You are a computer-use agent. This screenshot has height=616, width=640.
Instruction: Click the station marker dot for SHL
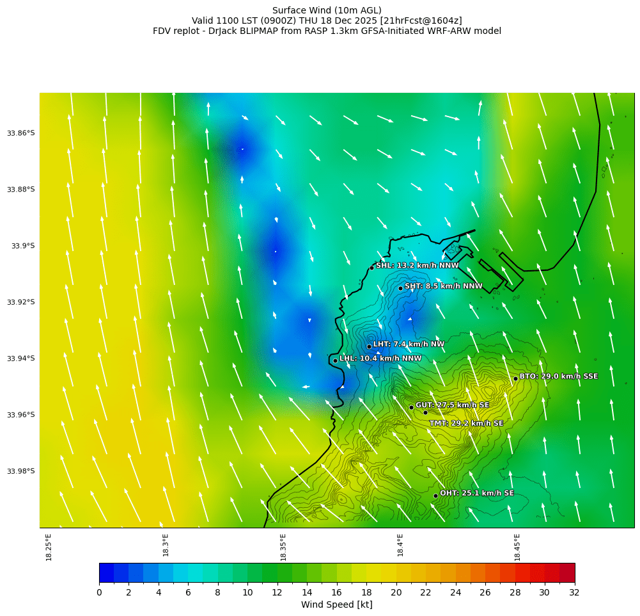pyautogui.click(x=371, y=268)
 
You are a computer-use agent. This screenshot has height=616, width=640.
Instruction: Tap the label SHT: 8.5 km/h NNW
pyautogui.click(x=443, y=286)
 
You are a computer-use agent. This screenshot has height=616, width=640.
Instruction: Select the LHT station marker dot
pyautogui.click(x=369, y=346)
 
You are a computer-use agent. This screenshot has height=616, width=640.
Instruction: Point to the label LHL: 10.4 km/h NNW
pyautogui.click(x=380, y=359)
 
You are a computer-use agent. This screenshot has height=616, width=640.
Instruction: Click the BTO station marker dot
pyautogui.click(x=515, y=378)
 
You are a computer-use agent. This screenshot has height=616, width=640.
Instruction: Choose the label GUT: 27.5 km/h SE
pyautogui.click(x=452, y=405)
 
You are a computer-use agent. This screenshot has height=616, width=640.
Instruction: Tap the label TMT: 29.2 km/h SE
pyautogui.click(x=466, y=423)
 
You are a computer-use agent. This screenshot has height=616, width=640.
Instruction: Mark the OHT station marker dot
pyautogui.click(x=435, y=496)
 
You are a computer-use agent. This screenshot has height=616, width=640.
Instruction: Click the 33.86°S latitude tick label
pyautogui.click(x=21, y=133)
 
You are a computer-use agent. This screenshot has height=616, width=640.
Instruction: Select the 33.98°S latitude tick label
pyautogui.click(x=21, y=471)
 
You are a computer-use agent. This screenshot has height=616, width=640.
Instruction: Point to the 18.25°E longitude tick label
pyautogui.click(x=49, y=547)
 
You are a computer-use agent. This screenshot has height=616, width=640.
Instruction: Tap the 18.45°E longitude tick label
pyautogui.click(x=517, y=547)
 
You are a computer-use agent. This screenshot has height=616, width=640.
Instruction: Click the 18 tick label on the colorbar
pyautogui.click(x=366, y=592)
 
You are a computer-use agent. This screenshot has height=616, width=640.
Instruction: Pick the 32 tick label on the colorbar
pyautogui.click(x=574, y=592)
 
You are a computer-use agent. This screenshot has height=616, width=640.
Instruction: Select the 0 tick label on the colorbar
pyautogui.click(x=99, y=592)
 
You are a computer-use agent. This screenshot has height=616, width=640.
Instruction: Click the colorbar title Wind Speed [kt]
pyautogui.click(x=336, y=604)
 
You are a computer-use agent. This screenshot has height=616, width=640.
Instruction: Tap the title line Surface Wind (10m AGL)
pyautogui.click(x=327, y=10)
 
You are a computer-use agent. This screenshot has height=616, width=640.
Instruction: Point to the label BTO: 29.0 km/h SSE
pyautogui.click(x=558, y=377)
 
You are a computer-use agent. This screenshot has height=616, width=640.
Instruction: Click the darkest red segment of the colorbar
pyautogui.click(x=567, y=572)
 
